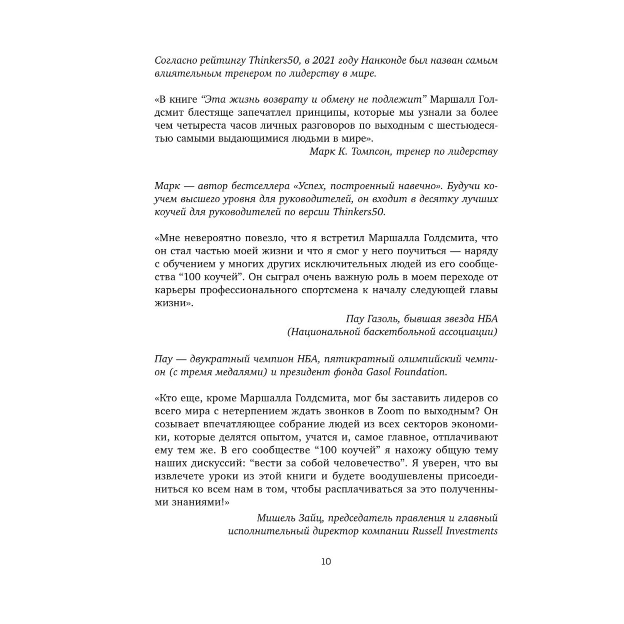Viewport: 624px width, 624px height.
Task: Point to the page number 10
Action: click(x=326, y=562)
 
